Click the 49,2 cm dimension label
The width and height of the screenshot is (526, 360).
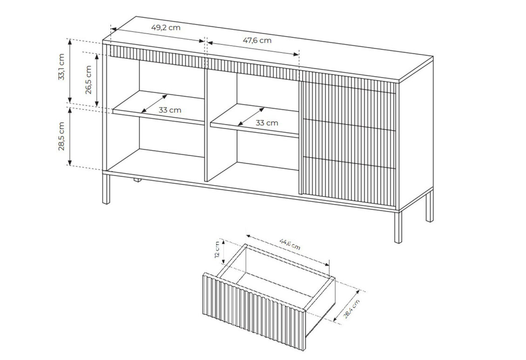[166, 27]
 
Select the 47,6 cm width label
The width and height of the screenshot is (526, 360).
[257, 41]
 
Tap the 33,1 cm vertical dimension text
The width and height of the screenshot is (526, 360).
[61, 67]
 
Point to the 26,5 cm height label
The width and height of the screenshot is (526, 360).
[88, 80]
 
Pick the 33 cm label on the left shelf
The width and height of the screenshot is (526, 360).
[170, 110]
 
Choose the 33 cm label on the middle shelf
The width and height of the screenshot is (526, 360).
[267, 123]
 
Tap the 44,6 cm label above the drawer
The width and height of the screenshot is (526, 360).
[290, 244]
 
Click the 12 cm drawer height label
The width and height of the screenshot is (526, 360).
[218, 250]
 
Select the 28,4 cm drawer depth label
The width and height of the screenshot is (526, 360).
[351, 308]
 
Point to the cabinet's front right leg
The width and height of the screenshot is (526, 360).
[398, 226]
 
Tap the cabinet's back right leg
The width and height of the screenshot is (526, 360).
[429, 206]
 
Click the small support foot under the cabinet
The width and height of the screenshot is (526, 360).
[137, 180]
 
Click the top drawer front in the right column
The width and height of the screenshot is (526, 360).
[349, 100]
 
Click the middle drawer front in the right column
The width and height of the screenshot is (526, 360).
[349, 140]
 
